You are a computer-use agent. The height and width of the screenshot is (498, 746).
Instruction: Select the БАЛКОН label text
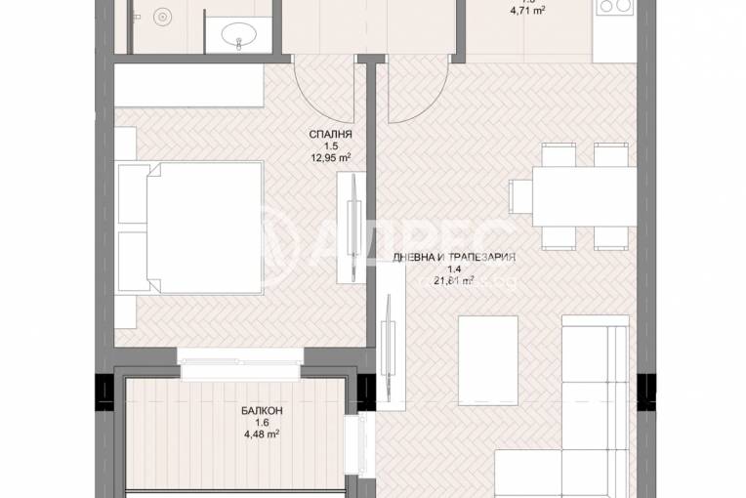pyautogui.click(x=258, y=411)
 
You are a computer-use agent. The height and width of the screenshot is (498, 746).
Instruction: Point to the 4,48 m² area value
pyautogui.click(x=258, y=436)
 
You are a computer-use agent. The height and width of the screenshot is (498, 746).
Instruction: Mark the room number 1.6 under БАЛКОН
pyautogui.click(x=258, y=424)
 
